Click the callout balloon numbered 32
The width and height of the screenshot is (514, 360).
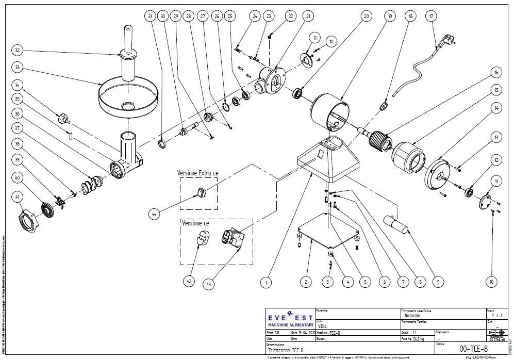[x=18, y=51]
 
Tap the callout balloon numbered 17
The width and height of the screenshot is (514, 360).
[x=432, y=17]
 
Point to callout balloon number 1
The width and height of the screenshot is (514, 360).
[x=266, y=282]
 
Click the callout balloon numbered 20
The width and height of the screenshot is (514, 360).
[x=366, y=17]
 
